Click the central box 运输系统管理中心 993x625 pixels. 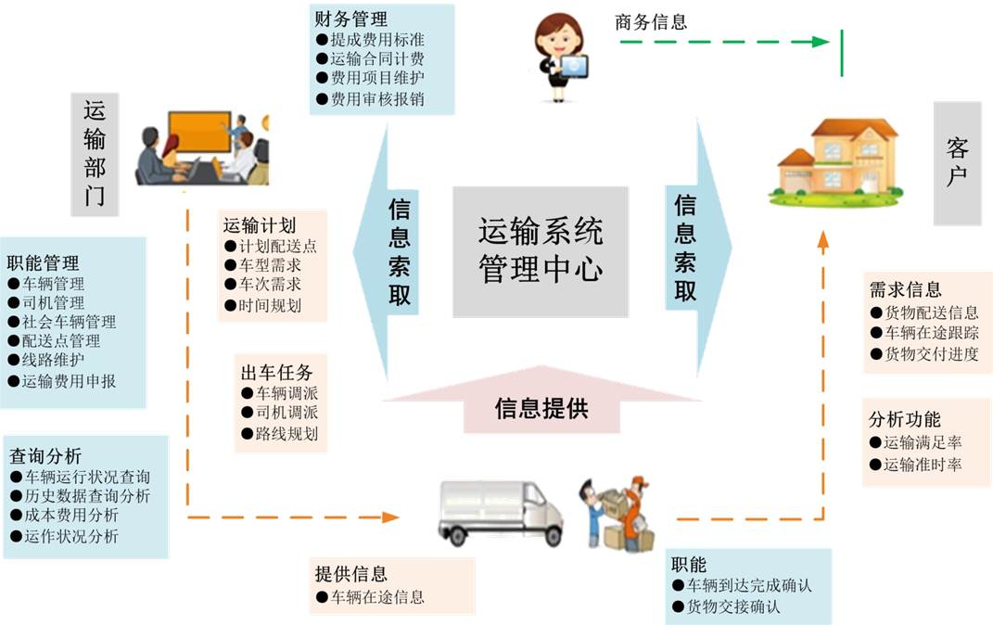coord(541,251)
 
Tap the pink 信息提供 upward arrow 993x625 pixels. coord(541,400)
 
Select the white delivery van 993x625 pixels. coord(501,513)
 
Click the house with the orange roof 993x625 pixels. coord(836,161)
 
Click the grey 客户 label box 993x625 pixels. coord(957,163)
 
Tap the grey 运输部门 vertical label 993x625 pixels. coord(95,154)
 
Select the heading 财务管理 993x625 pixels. coord(350,19)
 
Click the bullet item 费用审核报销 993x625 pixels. coord(371,99)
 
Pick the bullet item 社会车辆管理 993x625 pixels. coord(62,322)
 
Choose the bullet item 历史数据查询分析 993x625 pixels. coord(81,496)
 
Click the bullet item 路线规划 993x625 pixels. coord(279,434)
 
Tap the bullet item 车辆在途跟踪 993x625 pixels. coord(924,333)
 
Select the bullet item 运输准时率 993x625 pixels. coord(916,465)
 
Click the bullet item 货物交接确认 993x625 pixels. coord(726,606)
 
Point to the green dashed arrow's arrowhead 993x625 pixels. coord(821,42)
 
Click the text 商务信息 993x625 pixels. coord(651,22)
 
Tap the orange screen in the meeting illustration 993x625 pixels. coord(199,132)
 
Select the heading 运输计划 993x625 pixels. coord(260,225)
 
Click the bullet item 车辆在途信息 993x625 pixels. coord(371,596)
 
